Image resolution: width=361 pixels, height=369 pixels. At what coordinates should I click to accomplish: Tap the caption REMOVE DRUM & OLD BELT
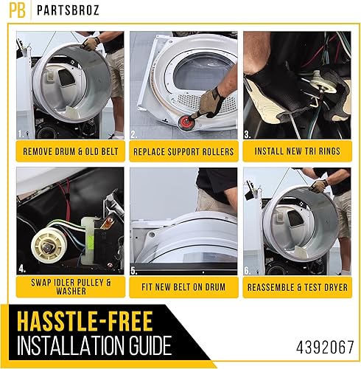(67, 151)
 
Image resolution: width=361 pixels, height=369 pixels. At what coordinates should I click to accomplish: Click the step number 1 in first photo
(20, 135)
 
